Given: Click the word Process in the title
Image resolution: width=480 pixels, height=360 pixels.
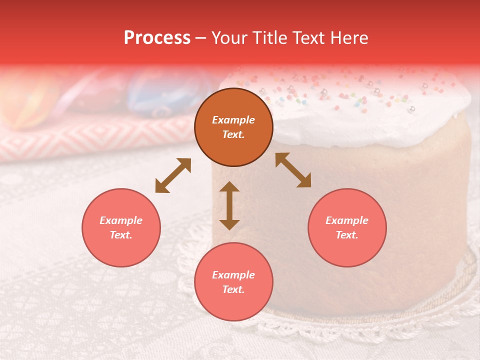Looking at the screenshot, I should pyautogui.click(x=157, y=38).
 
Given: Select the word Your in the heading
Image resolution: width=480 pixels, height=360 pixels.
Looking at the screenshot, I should pyautogui.click(x=228, y=38).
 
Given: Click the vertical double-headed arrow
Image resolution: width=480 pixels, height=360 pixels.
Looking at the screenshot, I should pyautogui.click(x=229, y=205).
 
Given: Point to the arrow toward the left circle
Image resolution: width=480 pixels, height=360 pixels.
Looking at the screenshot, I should pyautogui.click(x=173, y=175).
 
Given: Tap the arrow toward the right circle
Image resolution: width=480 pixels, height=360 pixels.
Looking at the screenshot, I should pyautogui.click(x=293, y=170).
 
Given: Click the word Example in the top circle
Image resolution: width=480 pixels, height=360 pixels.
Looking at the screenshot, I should pyautogui.click(x=233, y=120).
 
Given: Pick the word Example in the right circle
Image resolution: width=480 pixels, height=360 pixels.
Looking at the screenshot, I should pyautogui.click(x=347, y=220).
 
